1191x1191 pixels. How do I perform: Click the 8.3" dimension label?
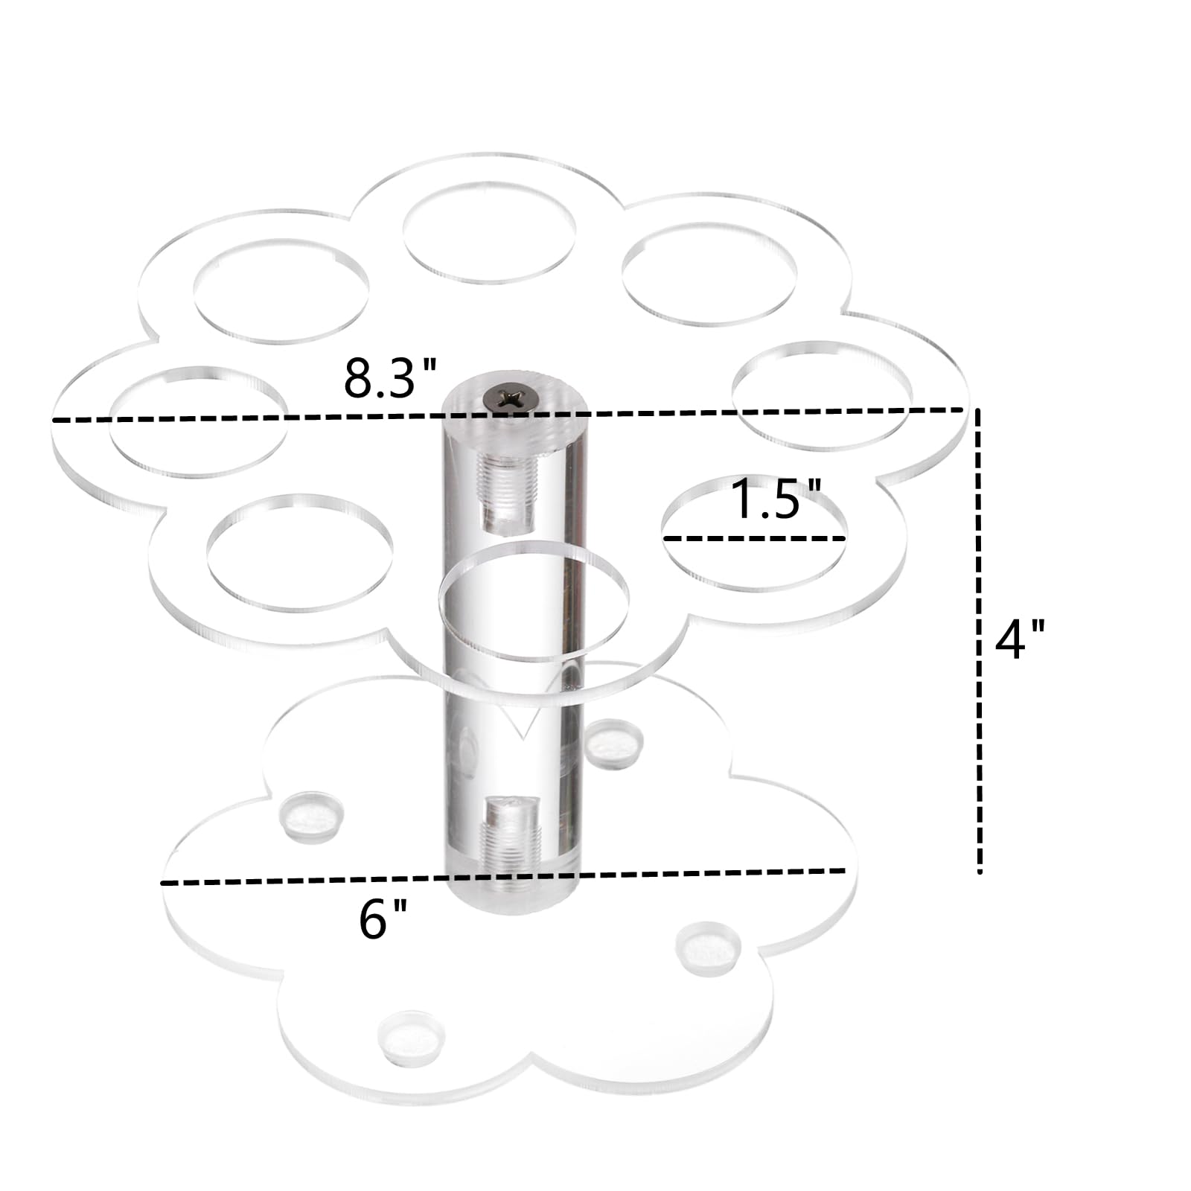click(389, 378)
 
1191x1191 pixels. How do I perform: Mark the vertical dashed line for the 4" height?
click(980, 640)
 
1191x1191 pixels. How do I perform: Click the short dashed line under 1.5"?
click(754, 537)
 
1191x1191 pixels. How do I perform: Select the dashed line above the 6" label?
click(503, 877)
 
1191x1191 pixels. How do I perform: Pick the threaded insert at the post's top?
click(504, 493)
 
